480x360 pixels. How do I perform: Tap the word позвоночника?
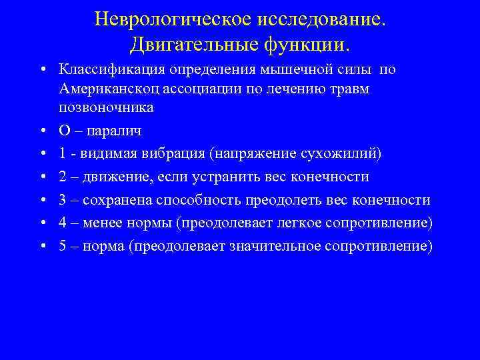pos(106,107)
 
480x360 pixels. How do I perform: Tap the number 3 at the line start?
pos(63,201)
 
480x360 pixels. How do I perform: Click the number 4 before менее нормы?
pos(63,223)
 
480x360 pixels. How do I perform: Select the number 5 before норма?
pos(63,245)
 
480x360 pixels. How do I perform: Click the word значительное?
pos(275,245)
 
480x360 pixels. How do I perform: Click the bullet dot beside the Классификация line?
pos(42,70)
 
